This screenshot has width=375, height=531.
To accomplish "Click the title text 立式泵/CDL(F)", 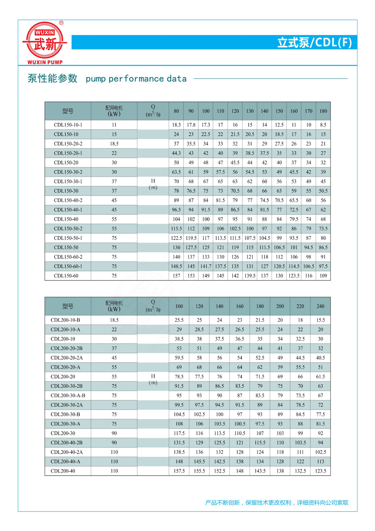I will [x=314, y=42].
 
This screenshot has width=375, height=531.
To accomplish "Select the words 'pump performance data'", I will [x=136, y=79].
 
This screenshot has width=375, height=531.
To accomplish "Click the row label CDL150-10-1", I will [x=68, y=125].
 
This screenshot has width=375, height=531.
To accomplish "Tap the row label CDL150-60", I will [x=66, y=276].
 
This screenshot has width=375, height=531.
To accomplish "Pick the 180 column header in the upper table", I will [x=323, y=111].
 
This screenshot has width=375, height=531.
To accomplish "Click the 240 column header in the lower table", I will [x=320, y=306].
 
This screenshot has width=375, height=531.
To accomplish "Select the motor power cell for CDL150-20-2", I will [x=114, y=144].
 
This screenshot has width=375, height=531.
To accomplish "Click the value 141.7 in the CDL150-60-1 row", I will [x=205, y=266].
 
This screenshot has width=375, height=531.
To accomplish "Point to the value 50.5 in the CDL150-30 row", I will [x=323, y=191].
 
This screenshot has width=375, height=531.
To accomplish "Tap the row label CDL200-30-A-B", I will [x=68, y=395].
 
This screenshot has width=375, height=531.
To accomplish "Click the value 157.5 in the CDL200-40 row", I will [x=179, y=471].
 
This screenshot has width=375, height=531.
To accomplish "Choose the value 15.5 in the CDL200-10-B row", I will [x=320, y=320].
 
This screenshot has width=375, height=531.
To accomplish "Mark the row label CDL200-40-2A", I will [x=67, y=452].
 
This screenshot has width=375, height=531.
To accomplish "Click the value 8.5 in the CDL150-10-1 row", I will [x=323, y=125].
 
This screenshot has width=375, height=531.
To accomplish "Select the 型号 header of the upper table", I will [x=68, y=111].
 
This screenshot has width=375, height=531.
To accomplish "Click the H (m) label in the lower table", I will [x=153, y=379].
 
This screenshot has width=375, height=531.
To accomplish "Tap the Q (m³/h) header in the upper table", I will [x=153, y=111].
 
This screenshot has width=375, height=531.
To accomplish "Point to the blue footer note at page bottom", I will [x=277, y=502].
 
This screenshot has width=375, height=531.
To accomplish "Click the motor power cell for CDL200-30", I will [x=114, y=433].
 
